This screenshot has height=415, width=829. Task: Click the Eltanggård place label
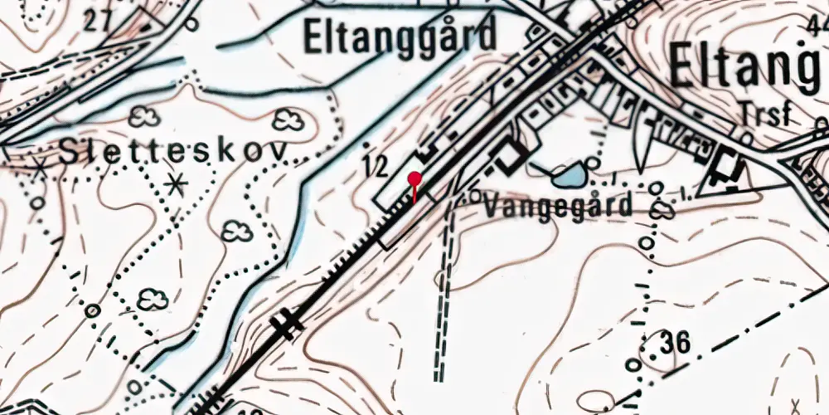(400, 36)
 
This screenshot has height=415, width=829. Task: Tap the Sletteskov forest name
(173, 151)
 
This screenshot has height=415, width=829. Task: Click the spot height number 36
(676, 342)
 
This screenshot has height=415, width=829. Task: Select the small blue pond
(568, 176)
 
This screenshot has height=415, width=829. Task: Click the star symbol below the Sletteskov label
(175, 183)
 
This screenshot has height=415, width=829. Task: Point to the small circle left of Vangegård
(475, 196)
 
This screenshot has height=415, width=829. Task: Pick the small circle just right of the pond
(591, 162)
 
